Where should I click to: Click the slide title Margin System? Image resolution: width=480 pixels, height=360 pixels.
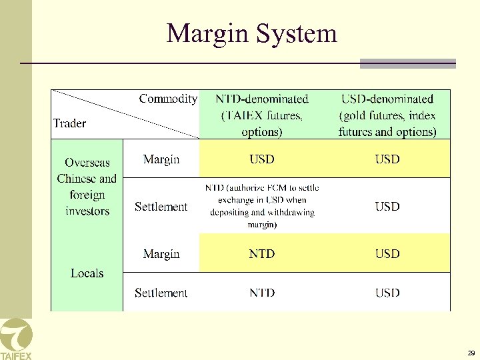251,33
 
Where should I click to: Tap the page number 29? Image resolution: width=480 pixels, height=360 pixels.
471,353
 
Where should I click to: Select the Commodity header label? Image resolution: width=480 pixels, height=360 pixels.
168,99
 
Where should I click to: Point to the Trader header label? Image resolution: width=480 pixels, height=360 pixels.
70,123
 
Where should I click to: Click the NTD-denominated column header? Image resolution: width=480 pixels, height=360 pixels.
261,115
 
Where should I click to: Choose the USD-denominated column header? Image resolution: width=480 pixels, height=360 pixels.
387,115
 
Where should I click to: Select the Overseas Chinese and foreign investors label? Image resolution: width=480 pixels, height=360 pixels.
87,187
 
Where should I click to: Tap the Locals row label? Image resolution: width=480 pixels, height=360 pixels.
87,273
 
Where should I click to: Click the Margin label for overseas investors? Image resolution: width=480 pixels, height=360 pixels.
161,159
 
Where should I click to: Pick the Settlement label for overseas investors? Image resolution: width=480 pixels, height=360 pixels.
161,207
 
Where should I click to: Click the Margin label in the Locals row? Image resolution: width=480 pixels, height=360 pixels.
161,254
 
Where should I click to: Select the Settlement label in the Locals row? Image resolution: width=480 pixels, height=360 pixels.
161,293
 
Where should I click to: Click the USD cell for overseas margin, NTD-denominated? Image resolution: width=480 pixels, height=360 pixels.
261,159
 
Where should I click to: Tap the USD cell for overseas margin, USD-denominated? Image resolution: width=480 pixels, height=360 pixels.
387,159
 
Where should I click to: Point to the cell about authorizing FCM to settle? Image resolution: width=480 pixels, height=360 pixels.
261,207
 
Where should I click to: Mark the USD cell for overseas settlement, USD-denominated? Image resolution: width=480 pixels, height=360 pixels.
387,207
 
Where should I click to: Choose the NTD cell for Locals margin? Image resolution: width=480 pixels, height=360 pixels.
261,254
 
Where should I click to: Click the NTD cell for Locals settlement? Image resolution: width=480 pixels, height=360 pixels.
261,293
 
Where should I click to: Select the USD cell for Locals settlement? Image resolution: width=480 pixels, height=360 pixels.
387,293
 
